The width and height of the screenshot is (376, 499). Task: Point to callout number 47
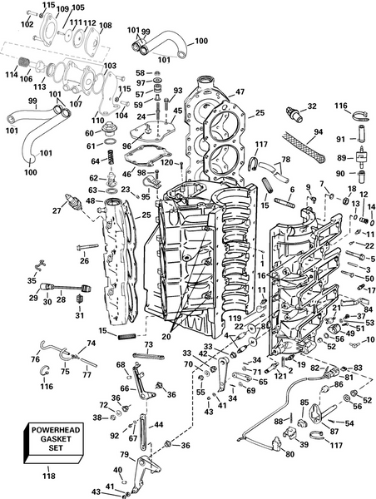pyautogui.click(x=240, y=92)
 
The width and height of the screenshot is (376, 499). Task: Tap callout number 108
pyautogui.click(x=105, y=26)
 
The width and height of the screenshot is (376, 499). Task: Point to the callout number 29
pyautogui.click(x=33, y=298)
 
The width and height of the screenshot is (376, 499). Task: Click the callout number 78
pyautogui.click(x=287, y=160)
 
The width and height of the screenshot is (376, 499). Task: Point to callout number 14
pyautogui.click(x=371, y=207)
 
